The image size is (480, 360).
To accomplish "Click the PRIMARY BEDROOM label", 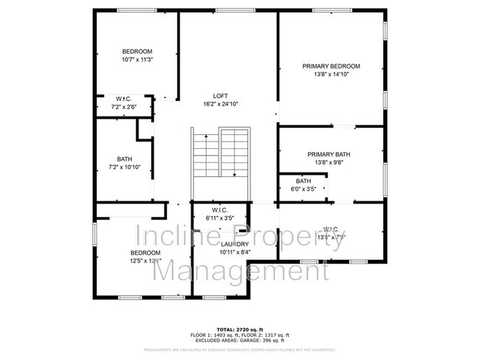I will click(330, 66).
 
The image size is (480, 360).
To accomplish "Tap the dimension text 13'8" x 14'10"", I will click(330, 75).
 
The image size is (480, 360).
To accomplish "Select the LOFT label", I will click(220, 96).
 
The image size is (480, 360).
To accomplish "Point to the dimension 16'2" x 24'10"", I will click(220, 104).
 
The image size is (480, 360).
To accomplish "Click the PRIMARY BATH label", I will click(329, 154).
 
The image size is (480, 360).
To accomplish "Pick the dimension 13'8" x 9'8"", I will click(329, 162).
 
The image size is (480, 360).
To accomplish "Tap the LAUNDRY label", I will click(235, 243).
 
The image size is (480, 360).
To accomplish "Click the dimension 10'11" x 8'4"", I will click(235, 252).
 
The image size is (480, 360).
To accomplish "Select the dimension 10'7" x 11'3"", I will click(137, 60).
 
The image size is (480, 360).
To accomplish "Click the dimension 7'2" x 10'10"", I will click(124, 167).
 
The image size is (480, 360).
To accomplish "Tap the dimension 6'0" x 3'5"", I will click(304, 189).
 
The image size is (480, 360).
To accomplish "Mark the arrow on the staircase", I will click(234, 173).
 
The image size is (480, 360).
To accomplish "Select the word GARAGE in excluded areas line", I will click(254, 340).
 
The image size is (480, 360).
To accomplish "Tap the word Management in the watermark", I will click(240, 271).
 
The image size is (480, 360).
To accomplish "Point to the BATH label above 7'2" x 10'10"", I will click(124, 159).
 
